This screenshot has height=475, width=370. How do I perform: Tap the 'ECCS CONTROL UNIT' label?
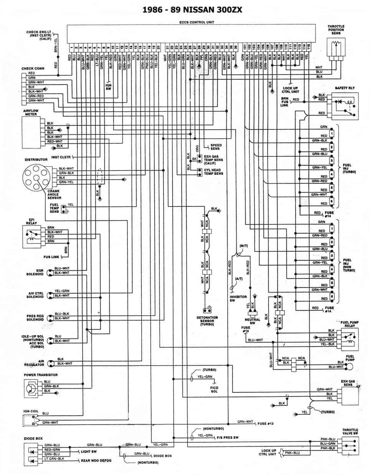(x=191, y=22)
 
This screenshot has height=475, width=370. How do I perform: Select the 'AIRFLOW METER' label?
(x=31, y=113)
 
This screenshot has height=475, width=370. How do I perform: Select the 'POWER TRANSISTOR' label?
(x=41, y=375)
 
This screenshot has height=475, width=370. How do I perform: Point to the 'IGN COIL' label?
(x=31, y=411)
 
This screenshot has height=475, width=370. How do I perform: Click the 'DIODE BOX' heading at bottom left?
(x=33, y=438)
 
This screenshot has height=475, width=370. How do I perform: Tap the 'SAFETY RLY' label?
(x=345, y=88)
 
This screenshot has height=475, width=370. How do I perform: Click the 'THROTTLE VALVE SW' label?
(x=350, y=432)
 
